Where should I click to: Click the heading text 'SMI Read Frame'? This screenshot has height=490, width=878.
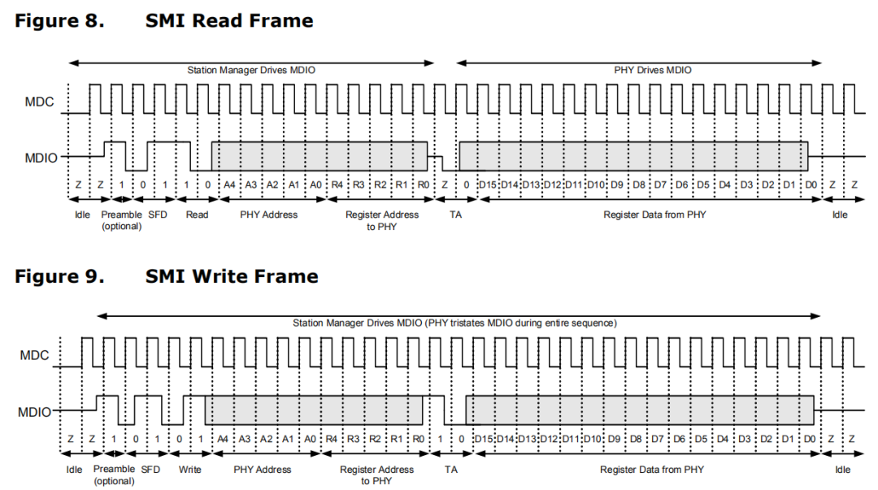tap(229, 21)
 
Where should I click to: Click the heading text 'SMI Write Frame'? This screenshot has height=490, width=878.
tap(232, 276)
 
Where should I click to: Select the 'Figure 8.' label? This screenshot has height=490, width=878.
tap(59, 21)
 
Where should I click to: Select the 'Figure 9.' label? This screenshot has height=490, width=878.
tap(59, 276)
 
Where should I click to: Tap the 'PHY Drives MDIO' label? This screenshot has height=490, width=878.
tap(652, 71)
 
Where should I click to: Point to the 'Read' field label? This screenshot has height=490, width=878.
tap(197, 215)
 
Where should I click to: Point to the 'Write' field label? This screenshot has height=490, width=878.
tap(189, 469)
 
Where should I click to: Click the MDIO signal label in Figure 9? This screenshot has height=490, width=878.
tap(35, 412)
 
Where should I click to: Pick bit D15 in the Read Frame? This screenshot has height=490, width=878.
tap(488, 184)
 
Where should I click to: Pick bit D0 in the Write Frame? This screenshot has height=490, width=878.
tap(809, 439)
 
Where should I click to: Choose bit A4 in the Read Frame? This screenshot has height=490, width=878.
tap(229, 184)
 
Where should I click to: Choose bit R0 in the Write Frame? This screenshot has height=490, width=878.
tap(418, 439)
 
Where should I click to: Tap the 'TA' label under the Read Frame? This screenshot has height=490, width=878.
tap(455, 215)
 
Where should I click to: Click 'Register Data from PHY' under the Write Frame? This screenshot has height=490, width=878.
tap(652, 469)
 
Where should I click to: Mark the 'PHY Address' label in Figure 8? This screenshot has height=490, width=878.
tap(269, 215)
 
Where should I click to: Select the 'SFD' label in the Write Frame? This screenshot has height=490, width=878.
tap(150, 469)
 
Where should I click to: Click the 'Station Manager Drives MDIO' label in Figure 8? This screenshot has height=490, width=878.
tap(251, 71)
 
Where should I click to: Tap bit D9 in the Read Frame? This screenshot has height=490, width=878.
tap(617, 184)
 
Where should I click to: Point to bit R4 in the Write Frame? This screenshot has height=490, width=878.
tap(332, 439)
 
